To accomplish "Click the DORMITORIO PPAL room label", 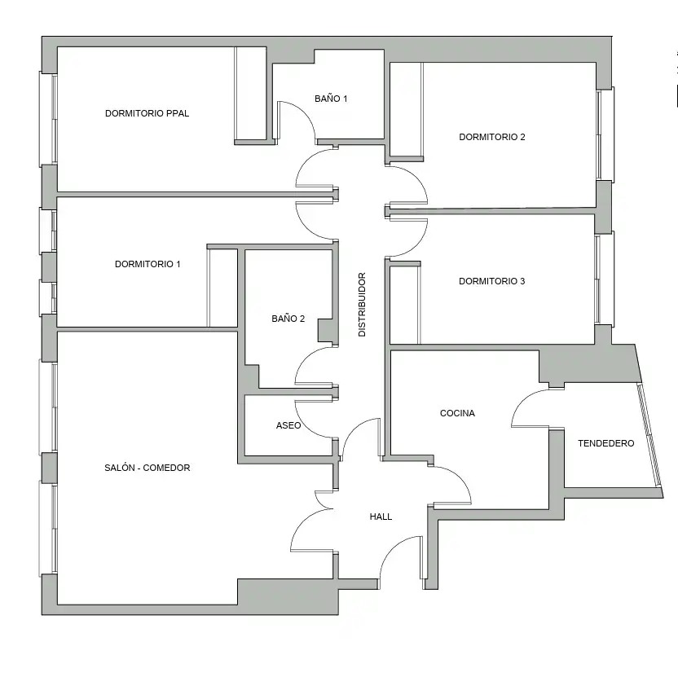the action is tap(147, 113).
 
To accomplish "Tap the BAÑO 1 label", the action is tap(331, 99).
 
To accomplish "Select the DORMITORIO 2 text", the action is tap(492, 137).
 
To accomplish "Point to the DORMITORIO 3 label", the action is tap(491, 281).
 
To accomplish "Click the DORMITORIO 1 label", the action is tap(147, 264).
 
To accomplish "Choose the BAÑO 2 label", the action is tap(288, 319).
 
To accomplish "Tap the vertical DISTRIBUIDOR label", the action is tap(362, 304).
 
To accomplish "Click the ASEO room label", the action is tap(288, 425).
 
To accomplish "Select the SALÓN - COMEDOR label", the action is tap(147, 468).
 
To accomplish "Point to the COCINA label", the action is tap(457, 413).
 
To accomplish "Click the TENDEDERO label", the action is tap(605, 443).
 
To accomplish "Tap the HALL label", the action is tap(381, 517).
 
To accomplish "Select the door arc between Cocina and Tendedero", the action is tap(522, 400).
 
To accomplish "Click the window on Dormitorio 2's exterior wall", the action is tap(605, 134).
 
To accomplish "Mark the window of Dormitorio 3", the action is tap(604, 279).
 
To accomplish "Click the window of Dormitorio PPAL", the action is tap(48, 119).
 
